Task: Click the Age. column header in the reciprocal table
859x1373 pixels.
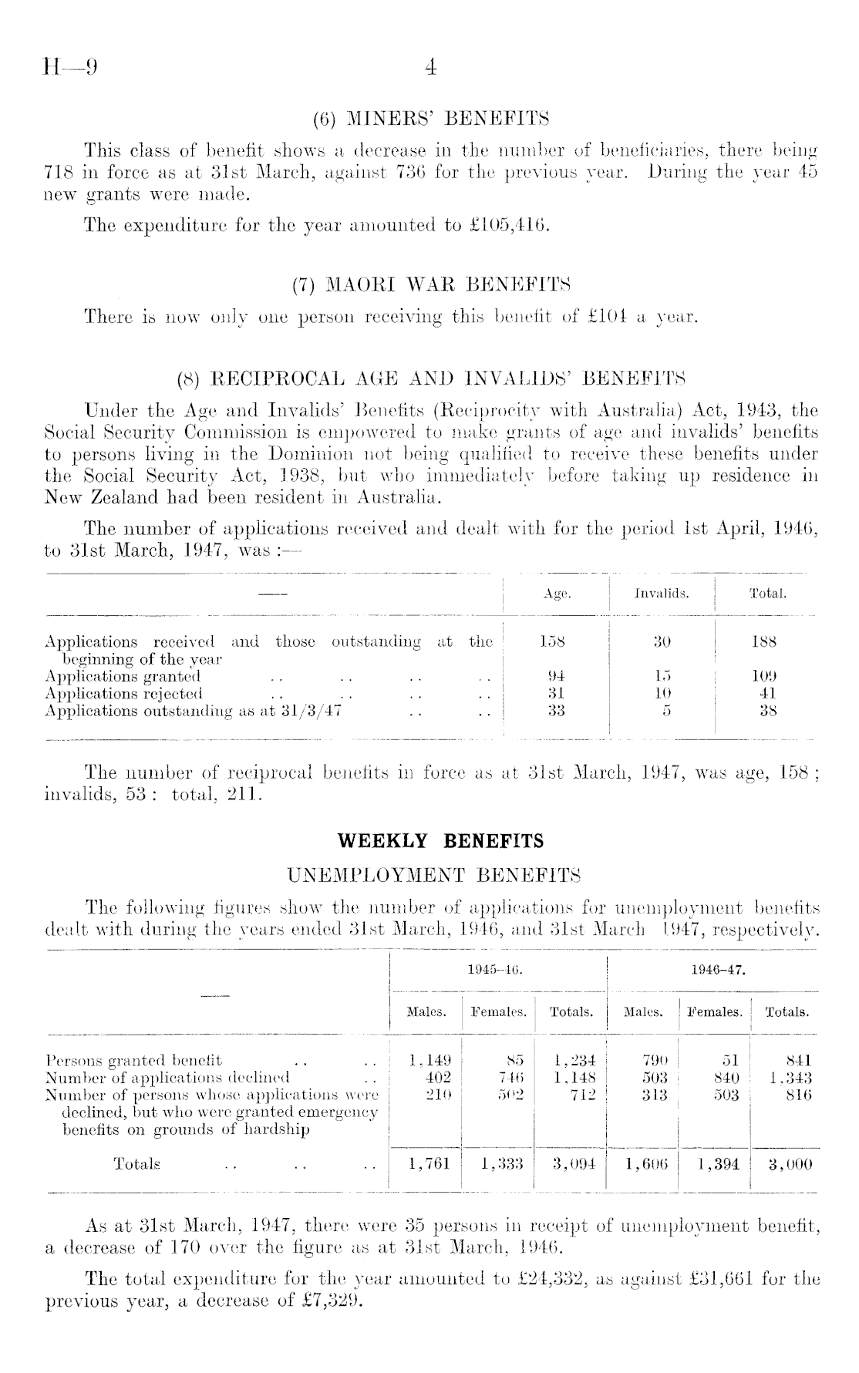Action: [557, 594]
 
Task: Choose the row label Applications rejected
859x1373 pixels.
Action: [123, 694]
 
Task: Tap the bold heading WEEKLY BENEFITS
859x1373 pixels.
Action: [430, 841]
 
